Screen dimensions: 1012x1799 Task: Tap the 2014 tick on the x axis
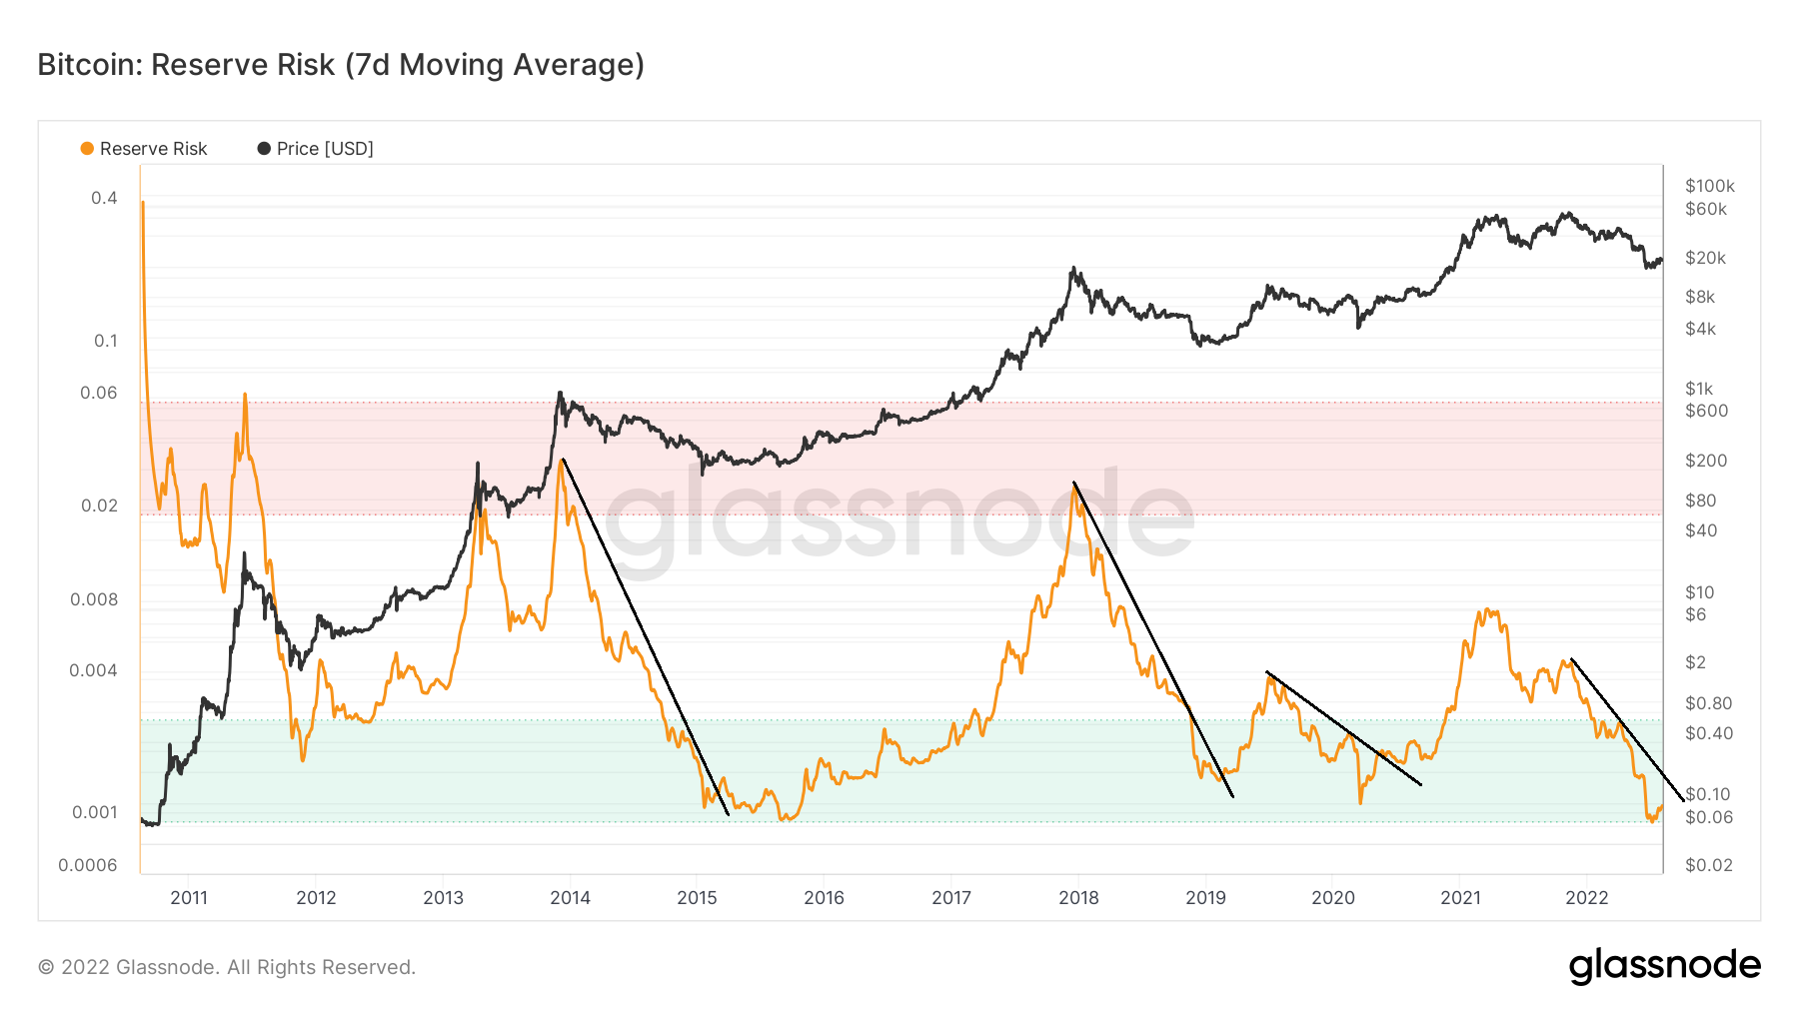point(570,897)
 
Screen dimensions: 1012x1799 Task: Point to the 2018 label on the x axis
point(1078,897)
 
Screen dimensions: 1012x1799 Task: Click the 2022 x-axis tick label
point(1586,897)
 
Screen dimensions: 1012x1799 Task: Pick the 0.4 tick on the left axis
point(104,198)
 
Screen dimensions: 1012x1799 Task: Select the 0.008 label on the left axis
point(94,599)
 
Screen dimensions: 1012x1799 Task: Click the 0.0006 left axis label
point(88,865)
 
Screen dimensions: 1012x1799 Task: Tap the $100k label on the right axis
point(1709,186)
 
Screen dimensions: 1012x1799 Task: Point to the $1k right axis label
point(1699,389)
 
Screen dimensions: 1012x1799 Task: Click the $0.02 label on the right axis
point(1708,865)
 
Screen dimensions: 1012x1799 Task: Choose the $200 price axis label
point(1705,461)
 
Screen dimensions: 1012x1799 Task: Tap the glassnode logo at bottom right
point(1664,966)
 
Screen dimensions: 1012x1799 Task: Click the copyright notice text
point(227,967)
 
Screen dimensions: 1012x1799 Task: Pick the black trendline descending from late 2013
point(646,637)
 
